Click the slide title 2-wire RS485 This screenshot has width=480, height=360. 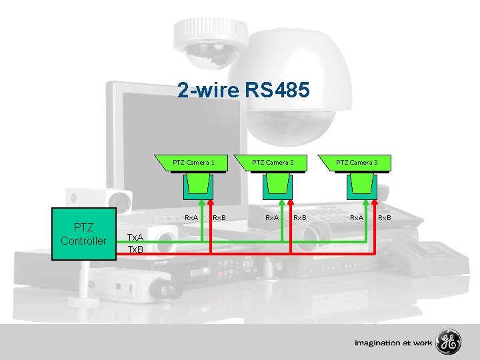coord(243,90)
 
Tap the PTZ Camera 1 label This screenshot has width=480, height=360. coord(193,162)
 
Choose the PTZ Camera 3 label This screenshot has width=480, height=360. coord(356,162)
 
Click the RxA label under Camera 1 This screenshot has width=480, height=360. coord(191,217)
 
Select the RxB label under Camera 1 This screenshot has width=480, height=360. coord(219,217)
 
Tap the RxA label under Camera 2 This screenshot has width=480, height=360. coord(272,217)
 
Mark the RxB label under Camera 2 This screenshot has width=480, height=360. coord(299,217)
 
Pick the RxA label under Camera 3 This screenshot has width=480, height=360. coord(357,217)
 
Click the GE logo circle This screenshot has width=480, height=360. coord(448,342)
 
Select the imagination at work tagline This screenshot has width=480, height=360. coord(393,343)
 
